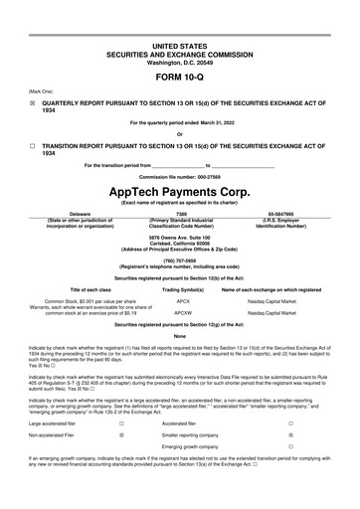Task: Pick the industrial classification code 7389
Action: tap(180, 213)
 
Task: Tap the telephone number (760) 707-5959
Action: tap(179, 259)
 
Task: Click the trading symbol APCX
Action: tap(183, 298)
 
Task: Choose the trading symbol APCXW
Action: tap(183, 311)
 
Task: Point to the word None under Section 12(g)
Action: tap(179, 336)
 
